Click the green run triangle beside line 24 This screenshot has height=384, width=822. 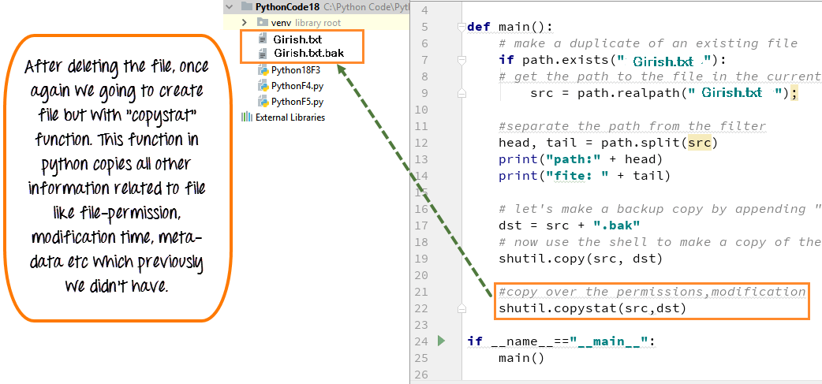point(441,341)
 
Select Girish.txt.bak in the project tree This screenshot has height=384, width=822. point(308,53)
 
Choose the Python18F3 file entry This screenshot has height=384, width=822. point(296,69)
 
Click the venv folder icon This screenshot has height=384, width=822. point(263,23)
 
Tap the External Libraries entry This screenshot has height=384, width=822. point(290,117)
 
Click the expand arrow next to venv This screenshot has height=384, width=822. point(245,23)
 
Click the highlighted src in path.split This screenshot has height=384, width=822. point(699,142)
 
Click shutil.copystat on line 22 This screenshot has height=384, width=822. point(554,308)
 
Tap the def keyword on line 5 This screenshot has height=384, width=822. point(479,27)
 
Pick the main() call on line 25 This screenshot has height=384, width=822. point(521,358)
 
